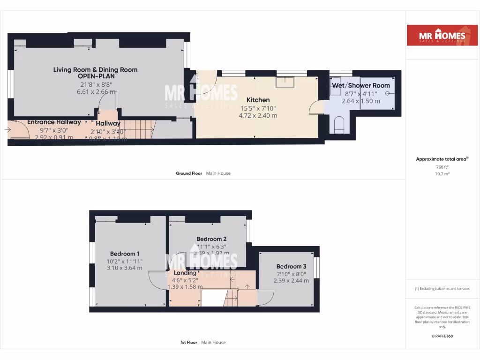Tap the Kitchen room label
pos(258,100)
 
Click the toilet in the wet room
pos(338,125)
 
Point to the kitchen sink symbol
pos(285,82)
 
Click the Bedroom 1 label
pos(125,254)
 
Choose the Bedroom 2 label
pos(211,239)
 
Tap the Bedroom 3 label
pos(291,266)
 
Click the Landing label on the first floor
pos(185,273)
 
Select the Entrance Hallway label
pos(54,122)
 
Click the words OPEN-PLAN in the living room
pos(96,76)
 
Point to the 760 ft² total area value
pos(442,167)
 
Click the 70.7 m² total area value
pos(442,173)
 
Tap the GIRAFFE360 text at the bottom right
pos(442,336)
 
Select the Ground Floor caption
pos(189,173)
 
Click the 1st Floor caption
pos(190,343)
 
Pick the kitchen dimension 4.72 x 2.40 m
pos(258,115)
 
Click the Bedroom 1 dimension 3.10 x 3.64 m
pos(125,268)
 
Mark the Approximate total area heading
pos(442,159)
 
